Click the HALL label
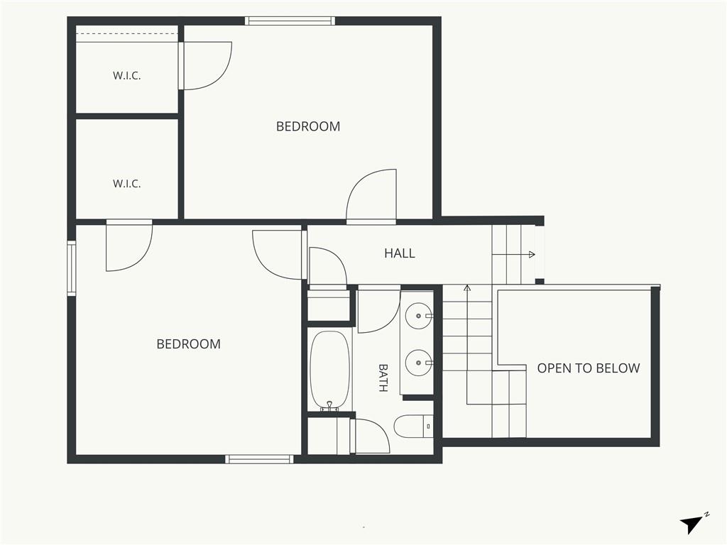click(x=399, y=253)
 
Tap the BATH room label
click(x=383, y=378)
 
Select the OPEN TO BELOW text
click(x=589, y=368)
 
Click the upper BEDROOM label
click(x=308, y=126)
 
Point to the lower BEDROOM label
click(x=188, y=344)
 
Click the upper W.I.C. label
click(x=126, y=75)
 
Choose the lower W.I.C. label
click(x=126, y=184)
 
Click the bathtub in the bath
click(x=329, y=370)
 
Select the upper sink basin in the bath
click(x=419, y=316)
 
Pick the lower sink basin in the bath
click(x=419, y=363)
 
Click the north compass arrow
click(x=692, y=524)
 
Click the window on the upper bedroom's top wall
click(x=290, y=21)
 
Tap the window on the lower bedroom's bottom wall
click(x=260, y=459)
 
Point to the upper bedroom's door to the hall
click(x=371, y=197)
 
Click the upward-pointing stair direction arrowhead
click(x=467, y=288)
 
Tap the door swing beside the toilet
click(x=371, y=435)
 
